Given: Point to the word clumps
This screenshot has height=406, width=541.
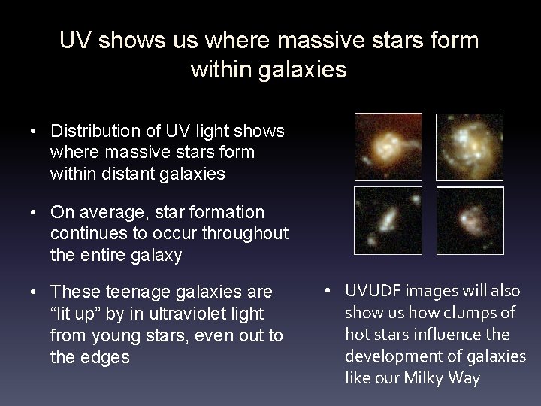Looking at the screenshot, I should tap(468, 313).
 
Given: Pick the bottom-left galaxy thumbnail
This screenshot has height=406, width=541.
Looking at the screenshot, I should tap(388, 220).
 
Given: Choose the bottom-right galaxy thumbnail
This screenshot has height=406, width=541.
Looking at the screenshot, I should tap(470, 220).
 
